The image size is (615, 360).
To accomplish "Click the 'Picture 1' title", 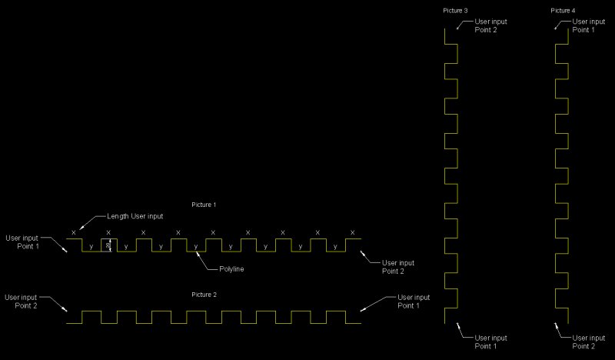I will click(204, 205).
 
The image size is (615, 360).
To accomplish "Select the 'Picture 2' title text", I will click(204, 295).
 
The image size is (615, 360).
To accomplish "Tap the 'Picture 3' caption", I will click(455, 11).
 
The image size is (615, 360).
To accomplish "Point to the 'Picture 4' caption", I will click(563, 11).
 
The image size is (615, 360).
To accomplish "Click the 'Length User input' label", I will click(135, 217).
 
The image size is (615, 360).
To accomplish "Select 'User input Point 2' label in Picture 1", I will click(397, 267).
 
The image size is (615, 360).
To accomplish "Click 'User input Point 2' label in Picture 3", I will click(490, 25).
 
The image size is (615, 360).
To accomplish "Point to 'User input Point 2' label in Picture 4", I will click(588, 342).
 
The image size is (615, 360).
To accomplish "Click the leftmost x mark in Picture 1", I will click(74, 232).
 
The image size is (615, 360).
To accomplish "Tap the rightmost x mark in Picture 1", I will click(352, 232).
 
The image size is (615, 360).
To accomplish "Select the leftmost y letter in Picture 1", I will click(91, 246).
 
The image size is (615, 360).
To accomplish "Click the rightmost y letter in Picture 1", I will click(335, 246).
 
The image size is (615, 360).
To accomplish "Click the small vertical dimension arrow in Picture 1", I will click(108, 245).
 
